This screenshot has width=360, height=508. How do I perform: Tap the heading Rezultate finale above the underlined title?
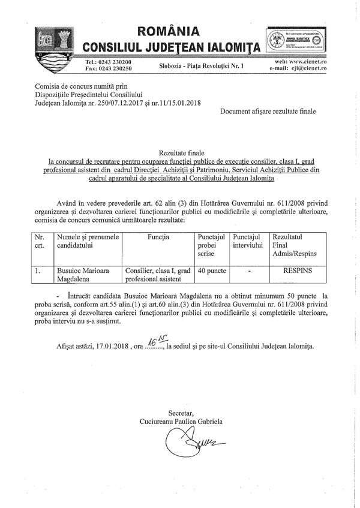(179, 154)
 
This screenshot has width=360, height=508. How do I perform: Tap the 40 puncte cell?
(211, 270)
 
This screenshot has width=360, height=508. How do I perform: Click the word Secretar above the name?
(181, 413)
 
